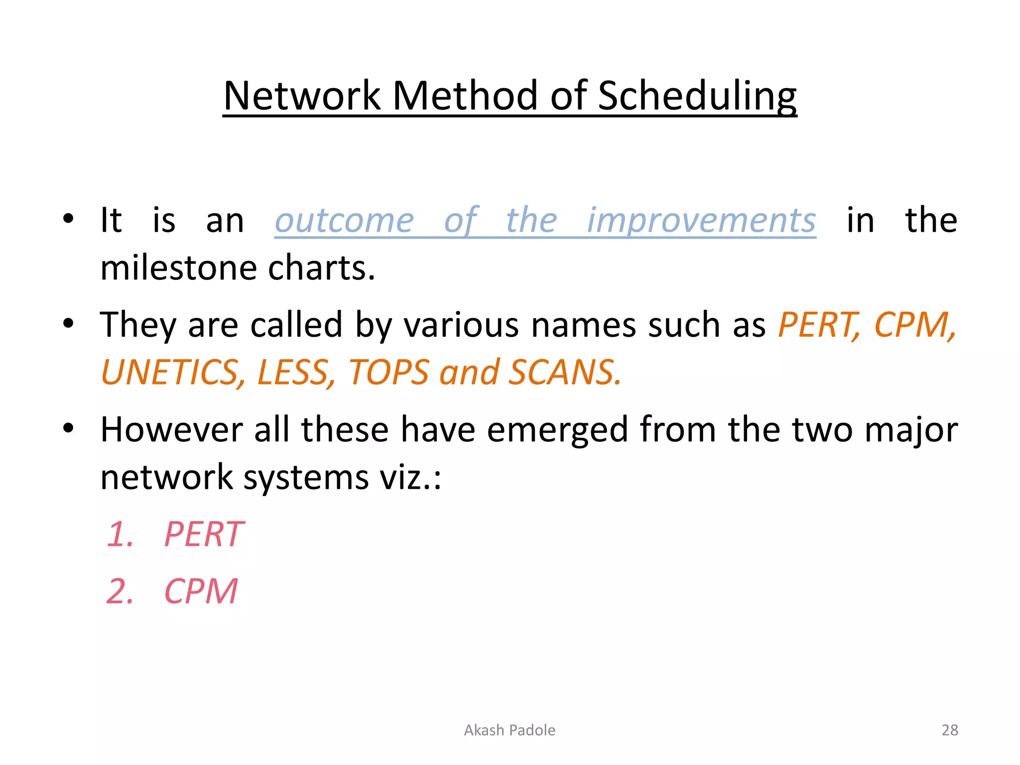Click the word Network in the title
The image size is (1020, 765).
(x=302, y=96)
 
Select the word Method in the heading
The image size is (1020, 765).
(x=465, y=96)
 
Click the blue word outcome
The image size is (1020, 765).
(x=344, y=220)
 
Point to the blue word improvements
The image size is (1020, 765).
(x=701, y=220)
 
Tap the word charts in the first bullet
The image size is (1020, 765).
(x=321, y=268)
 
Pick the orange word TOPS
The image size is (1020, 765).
(x=388, y=373)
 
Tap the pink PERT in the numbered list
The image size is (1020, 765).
(x=204, y=534)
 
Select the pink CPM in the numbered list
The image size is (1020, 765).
(x=201, y=592)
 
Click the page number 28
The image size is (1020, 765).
(x=950, y=730)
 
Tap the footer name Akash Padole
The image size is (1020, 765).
(x=510, y=730)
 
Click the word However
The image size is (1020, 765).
(x=171, y=430)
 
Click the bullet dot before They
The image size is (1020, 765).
(x=68, y=324)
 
